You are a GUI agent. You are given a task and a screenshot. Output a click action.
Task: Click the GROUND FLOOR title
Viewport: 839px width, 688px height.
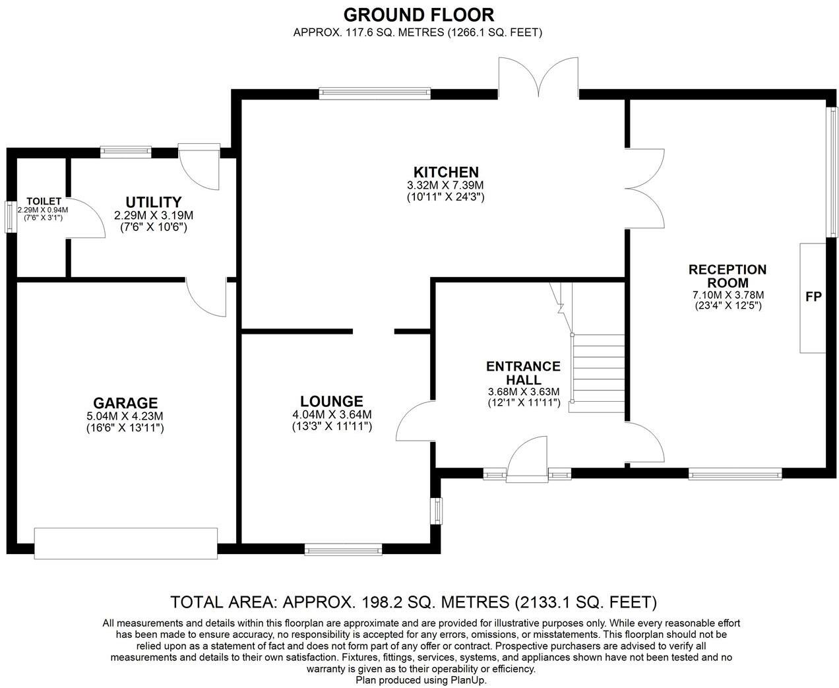click(418, 15)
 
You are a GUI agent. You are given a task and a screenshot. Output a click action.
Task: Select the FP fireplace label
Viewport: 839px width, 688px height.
click(813, 297)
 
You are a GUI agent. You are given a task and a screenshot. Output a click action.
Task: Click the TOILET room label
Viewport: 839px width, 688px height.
click(44, 201)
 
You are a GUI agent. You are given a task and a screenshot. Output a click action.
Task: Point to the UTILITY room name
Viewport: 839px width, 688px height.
click(153, 202)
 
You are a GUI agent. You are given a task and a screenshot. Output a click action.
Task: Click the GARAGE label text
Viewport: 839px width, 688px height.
click(125, 403)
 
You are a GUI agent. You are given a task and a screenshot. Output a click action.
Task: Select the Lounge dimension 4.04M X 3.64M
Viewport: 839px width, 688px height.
click(332, 415)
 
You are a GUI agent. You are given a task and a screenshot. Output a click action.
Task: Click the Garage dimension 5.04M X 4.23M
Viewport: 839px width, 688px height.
click(125, 416)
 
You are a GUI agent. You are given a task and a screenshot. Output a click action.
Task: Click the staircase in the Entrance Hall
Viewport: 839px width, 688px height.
click(597, 373)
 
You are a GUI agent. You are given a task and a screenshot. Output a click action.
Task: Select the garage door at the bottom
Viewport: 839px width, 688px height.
click(125, 543)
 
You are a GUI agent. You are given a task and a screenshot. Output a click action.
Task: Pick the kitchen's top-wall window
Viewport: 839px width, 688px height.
click(374, 93)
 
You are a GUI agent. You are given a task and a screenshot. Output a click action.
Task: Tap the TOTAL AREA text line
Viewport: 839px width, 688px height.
click(414, 602)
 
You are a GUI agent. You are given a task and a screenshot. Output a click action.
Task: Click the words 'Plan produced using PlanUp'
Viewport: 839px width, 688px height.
click(421, 679)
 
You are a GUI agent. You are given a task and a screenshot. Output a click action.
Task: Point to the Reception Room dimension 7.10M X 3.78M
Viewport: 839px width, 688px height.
click(728, 295)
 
